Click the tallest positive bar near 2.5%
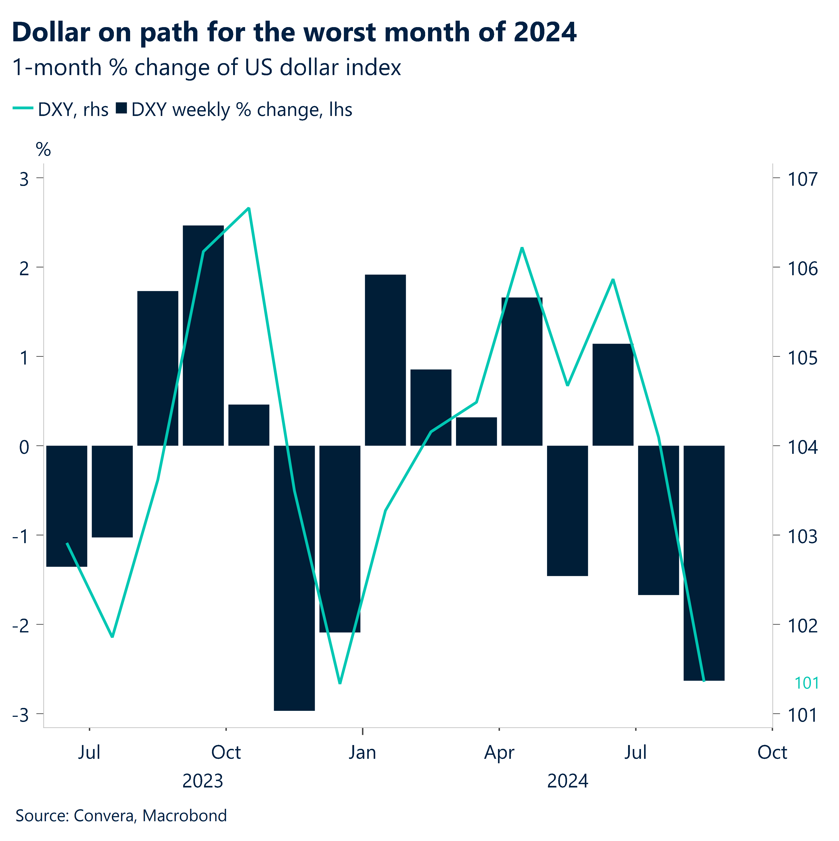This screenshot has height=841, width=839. [x=203, y=335]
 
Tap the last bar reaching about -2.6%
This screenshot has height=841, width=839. [x=704, y=562]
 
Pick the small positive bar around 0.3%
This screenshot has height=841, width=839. [x=476, y=431]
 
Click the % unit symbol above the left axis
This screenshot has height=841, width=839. [x=43, y=150]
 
